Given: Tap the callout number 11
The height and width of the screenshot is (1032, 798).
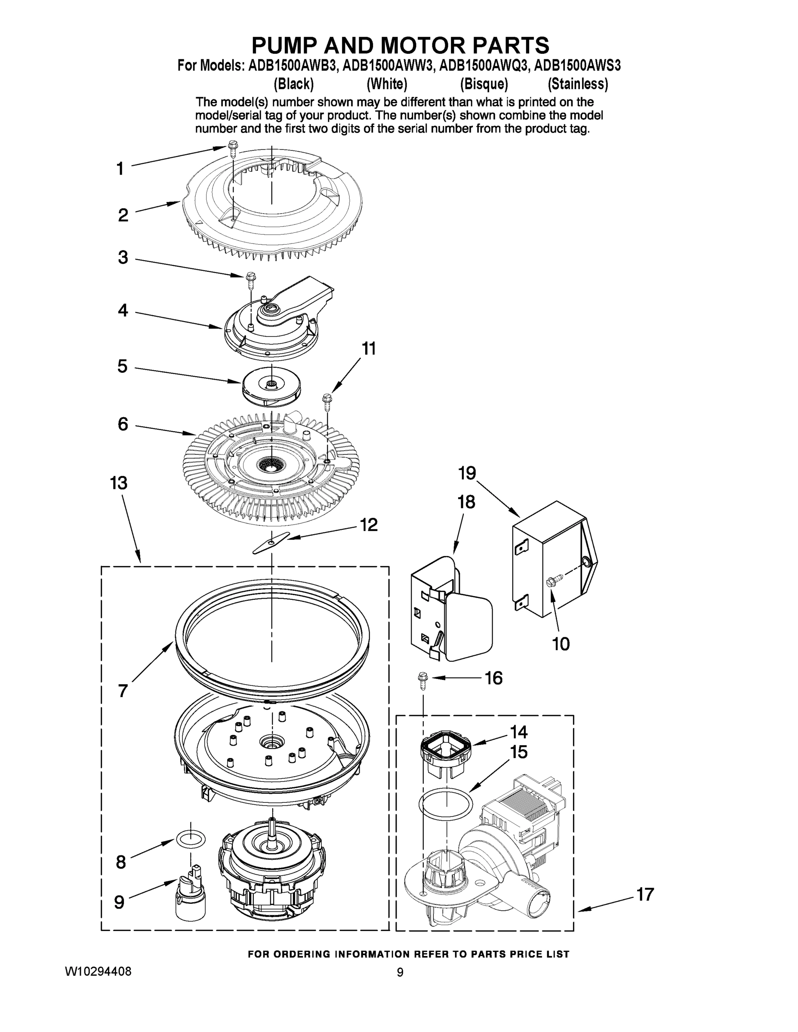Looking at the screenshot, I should click(369, 349).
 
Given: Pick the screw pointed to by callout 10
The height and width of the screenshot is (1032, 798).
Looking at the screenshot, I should click(554, 580).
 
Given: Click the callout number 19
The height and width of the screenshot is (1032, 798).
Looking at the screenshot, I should click(467, 473).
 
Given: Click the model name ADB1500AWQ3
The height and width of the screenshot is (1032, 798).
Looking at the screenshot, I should click(482, 65).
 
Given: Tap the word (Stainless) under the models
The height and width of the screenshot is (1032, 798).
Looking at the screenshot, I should click(577, 84).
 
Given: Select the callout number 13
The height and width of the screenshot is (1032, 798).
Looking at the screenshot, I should click(119, 483).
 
